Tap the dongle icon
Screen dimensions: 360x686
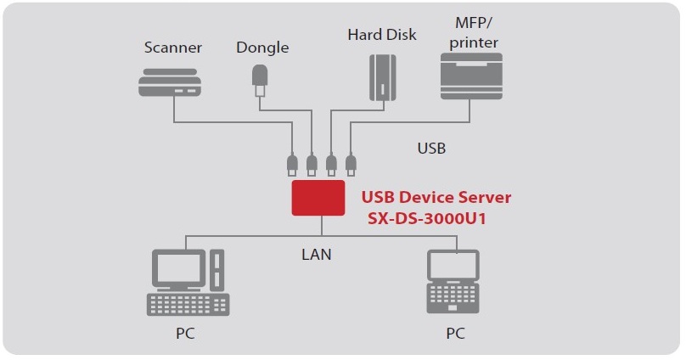260,80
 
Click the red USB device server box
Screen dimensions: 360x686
318,197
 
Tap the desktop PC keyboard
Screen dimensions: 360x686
188,304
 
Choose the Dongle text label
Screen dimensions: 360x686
262,48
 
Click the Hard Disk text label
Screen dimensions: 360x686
382,35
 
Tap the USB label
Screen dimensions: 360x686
431,148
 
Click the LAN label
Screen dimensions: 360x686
316,253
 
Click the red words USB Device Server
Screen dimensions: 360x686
436,197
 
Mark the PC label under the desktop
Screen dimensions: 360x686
185,334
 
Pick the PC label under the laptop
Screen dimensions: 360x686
456,334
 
